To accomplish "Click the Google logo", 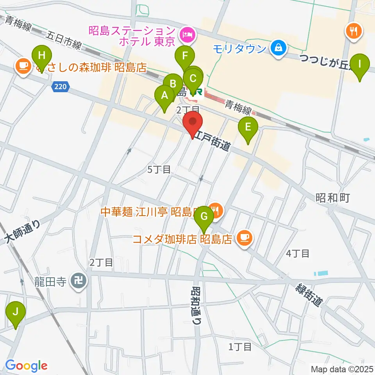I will [26, 366].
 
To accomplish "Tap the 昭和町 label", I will [332, 197].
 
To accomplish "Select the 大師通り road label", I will [23, 233].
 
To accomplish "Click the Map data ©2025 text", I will [341, 369].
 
